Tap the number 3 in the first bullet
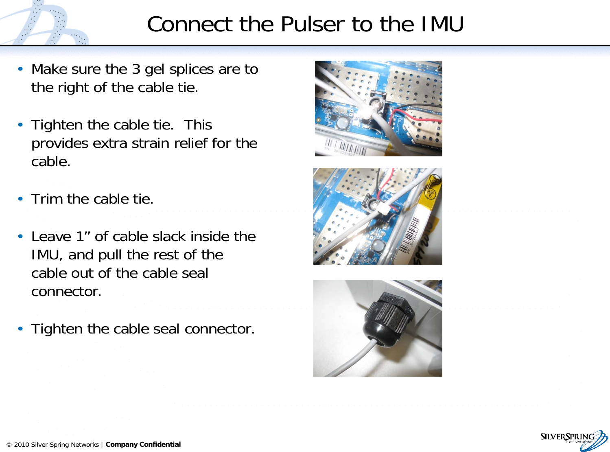[x=136, y=69]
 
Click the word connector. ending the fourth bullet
[x=66, y=292]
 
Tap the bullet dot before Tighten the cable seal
[x=20, y=329]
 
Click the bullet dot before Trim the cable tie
[x=20, y=199]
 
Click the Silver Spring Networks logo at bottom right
[x=574, y=440]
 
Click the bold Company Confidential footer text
[x=143, y=444]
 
